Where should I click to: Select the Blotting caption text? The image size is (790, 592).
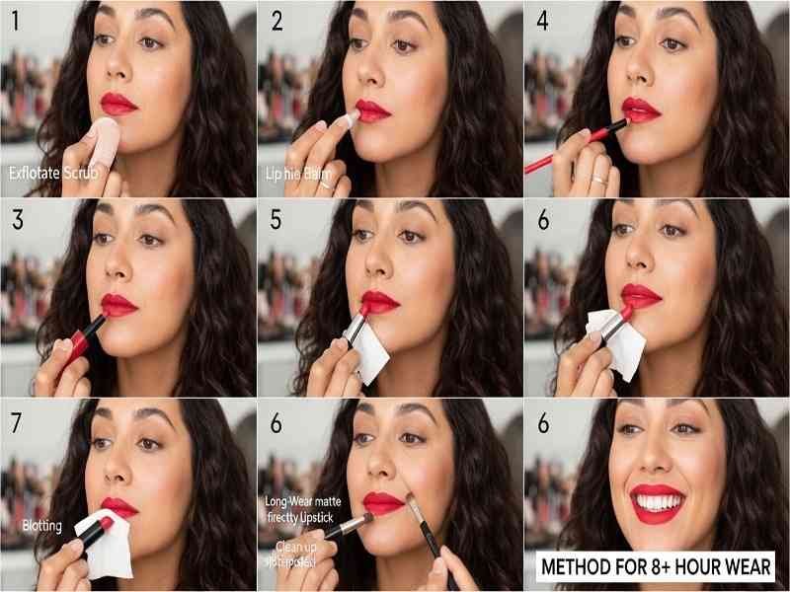point(41,526)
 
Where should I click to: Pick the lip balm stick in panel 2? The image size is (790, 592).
point(345,122)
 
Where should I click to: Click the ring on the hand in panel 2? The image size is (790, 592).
point(325,184)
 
